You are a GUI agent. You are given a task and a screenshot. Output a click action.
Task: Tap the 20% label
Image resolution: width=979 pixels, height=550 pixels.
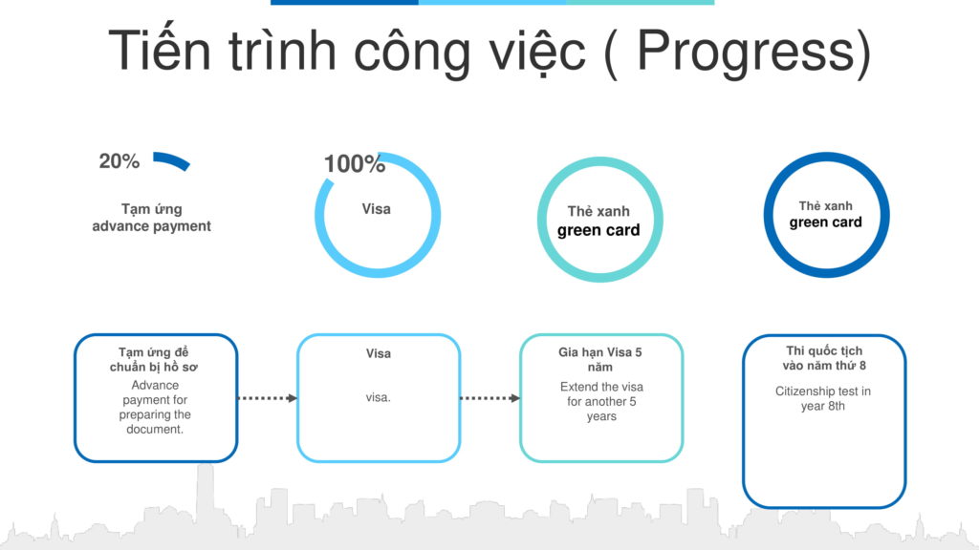pos(120,161)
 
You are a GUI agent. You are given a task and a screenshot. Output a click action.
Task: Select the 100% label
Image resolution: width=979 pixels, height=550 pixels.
pos(354,164)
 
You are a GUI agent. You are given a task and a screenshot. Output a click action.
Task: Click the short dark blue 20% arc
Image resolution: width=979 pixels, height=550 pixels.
pos(172,159)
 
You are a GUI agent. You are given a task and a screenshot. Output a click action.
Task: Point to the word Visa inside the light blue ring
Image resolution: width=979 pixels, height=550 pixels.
pos(377,209)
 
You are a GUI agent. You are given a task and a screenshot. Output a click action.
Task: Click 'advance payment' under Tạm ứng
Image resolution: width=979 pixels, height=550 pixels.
pos(152,226)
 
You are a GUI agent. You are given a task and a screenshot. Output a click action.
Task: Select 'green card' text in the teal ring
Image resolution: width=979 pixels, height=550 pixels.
pos(598,231)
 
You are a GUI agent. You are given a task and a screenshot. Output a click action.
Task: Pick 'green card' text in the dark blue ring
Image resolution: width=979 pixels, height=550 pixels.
pos(825,222)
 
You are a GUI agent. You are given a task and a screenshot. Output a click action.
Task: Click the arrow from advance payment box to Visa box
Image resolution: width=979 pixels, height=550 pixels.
pos(268,398)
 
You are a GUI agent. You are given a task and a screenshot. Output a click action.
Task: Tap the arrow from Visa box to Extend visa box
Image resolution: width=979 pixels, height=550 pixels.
pos(490,398)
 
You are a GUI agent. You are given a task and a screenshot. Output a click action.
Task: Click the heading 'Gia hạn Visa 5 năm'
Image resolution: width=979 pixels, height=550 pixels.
pos(600,360)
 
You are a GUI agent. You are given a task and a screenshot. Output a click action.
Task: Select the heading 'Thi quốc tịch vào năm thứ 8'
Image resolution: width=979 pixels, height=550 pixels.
pos(824,359)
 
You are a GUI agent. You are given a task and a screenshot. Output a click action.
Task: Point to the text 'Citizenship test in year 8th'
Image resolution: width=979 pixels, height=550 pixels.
pos(823,398)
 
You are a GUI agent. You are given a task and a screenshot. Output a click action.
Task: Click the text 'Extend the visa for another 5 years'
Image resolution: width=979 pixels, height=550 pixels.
pos(601,402)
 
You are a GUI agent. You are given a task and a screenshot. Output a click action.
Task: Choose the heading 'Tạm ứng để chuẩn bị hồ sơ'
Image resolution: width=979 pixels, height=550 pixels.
pos(154,360)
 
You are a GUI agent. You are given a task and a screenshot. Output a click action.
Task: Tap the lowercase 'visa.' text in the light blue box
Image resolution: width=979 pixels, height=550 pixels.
pos(379,397)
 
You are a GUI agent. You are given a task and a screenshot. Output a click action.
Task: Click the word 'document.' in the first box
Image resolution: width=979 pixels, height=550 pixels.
pos(154,429)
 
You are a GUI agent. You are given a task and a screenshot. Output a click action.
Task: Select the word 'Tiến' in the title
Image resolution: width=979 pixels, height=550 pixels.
pos(161,50)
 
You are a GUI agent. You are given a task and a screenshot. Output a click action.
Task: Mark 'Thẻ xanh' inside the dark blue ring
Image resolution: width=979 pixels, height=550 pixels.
pos(825,206)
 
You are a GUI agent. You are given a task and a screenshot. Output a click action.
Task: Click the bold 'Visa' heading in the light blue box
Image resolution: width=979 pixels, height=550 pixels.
pos(379,353)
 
